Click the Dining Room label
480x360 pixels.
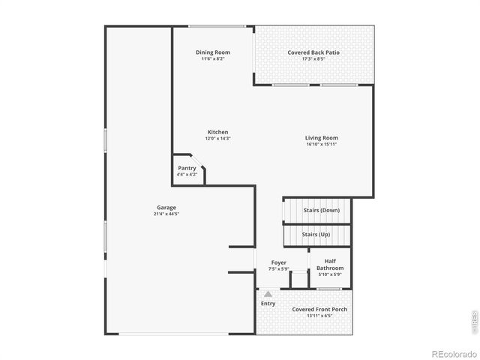pyautogui.click(x=213, y=52)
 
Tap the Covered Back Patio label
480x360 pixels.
pyautogui.click(x=313, y=52)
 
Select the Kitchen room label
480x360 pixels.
pyautogui.click(x=217, y=132)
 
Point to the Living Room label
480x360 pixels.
pyautogui.click(x=321, y=138)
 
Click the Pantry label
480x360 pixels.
pyautogui.click(x=187, y=168)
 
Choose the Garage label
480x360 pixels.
pyautogui.click(x=166, y=208)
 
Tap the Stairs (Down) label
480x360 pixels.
pyautogui.click(x=321, y=210)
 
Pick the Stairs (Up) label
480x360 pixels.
pyautogui.click(x=316, y=235)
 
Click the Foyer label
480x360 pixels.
pyautogui.click(x=278, y=262)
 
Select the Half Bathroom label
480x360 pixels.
pyautogui.click(x=330, y=265)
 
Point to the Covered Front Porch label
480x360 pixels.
pyautogui.click(x=319, y=309)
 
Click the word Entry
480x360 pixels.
pyautogui.click(x=268, y=304)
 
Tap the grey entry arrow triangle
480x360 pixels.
pyautogui.click(x=268, y=294)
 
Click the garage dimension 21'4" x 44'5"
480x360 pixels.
pyautogui.click(x=166, y=214)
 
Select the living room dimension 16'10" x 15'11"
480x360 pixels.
pyautogui.click(x=321, y=145)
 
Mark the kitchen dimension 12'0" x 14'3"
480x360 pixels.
pyautogui.click(x=217, y=139)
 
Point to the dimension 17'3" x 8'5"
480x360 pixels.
pyautogui.click(x=313, y=59)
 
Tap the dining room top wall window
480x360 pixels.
pyautogui.click(x=217, y=27)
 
